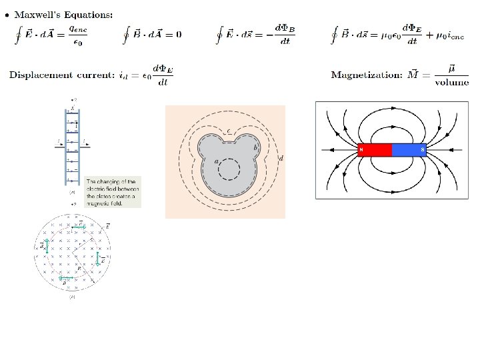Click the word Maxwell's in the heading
tap(37, 14)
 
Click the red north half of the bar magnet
tap(375, 150)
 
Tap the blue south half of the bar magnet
tap(409, 150)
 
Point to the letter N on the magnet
tap(361, 150)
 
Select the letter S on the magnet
tap(423, 150)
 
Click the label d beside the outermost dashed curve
tap(281, 157)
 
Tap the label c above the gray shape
tap(229, 130)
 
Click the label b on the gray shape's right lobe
tap(255, 147)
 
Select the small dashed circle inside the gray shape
tap(229, 169)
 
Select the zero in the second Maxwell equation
tap(178, 34)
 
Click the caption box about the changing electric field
tap(113, 192)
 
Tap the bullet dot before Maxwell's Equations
tap(7, 15)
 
